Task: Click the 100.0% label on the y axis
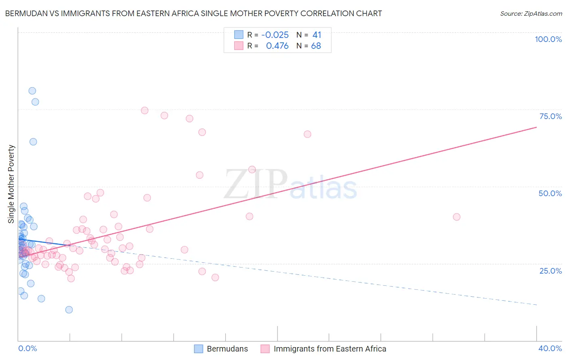click(x=548, y=39)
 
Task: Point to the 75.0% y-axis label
click(x=550, y=116)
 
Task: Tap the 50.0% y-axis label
click(x=550, y=193)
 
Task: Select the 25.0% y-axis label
click(x=550, y=270)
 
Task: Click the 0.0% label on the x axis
click(x=27, y=348)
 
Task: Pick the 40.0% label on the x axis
click(x=550, y=348)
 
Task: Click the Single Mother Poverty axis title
click(x=11, y=184)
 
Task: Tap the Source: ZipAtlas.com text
click(x=531, y=13)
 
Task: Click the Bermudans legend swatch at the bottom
click(x=198, y=349)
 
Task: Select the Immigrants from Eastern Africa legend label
click(x=329, y=349)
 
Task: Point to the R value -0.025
click(x=275, y=35)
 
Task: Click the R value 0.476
click(x=277, y=46)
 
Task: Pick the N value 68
click(x=316, y=46)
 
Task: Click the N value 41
click(x=317, y=35)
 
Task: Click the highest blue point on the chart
click(x=32, y=91)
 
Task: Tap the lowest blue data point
click(x=69, y=310)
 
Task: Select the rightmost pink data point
click(x=457, y=217)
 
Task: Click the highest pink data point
click(x=144, y=111)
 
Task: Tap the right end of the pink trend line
click(x=536, y=127)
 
